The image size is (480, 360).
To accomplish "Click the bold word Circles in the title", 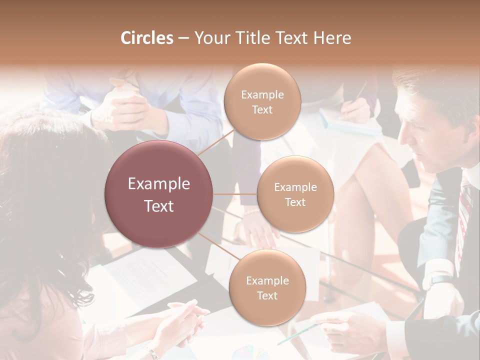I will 146,38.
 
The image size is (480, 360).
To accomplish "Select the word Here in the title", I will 332,38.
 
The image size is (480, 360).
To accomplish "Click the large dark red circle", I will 159,194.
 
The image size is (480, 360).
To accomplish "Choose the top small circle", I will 262,102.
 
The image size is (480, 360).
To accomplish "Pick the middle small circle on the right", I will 295,194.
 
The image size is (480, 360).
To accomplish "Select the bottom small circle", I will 267,288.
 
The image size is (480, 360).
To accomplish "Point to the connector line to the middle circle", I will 235,194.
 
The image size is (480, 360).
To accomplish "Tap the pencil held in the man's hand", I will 300,334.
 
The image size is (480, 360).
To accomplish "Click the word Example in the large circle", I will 159,184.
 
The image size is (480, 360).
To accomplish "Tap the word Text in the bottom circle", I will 267,295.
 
